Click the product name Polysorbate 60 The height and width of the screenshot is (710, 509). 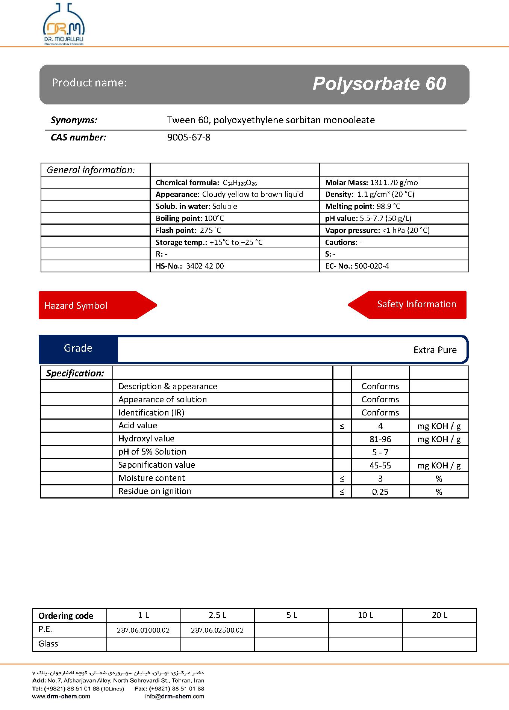point(379,84)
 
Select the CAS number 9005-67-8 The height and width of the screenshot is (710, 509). point(189,137)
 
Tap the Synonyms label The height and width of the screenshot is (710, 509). point(74,120)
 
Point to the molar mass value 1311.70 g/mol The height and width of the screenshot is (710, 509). point(395,183)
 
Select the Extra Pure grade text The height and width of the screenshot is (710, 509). point(435,350)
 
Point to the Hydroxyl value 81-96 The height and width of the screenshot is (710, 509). point(380,439)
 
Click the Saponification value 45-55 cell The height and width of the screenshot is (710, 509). point(380,465)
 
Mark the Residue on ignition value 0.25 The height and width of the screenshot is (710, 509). point(380,492)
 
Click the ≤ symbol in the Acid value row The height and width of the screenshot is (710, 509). point(342,426)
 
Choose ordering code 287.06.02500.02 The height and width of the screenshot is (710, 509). point(217,630)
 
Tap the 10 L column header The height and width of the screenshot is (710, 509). point(365,615)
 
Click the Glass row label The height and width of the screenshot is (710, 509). point(48,644)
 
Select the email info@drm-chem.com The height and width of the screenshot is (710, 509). point(174,696)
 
